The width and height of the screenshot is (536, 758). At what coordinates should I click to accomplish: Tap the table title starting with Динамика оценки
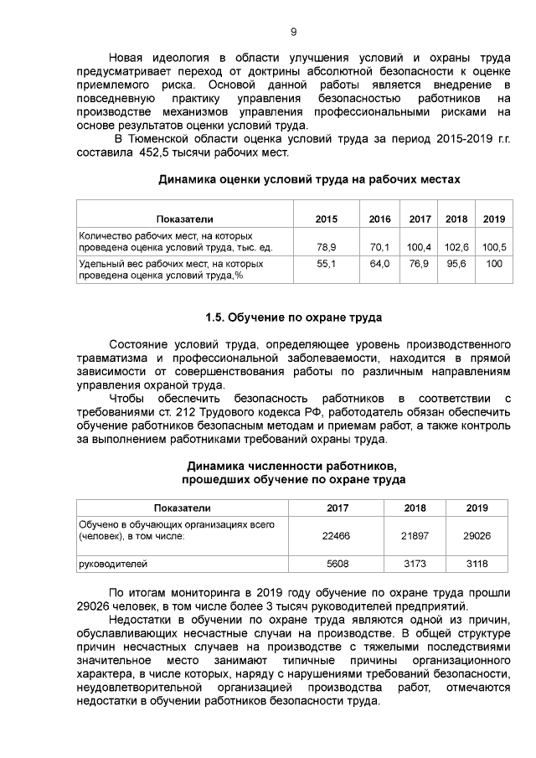309,179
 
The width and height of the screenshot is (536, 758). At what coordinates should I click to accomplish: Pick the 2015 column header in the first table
327,219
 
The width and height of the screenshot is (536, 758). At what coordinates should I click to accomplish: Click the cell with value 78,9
327,247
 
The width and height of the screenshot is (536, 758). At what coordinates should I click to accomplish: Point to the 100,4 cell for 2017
419,247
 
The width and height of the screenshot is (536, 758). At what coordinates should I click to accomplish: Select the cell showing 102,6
456,247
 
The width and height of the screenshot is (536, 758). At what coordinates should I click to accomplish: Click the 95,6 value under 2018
456,263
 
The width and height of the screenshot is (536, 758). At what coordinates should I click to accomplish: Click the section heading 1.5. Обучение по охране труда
293,318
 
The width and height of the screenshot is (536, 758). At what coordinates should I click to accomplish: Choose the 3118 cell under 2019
477,564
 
